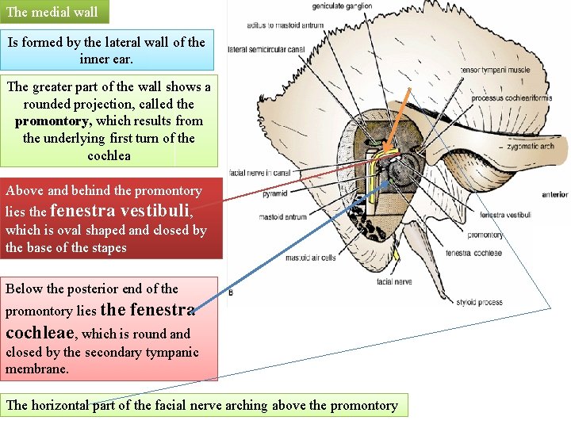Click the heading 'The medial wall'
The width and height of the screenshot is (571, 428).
(52, 12)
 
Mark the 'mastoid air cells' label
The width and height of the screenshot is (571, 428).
(310, 257)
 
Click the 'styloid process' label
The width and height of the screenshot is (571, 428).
(480, 302)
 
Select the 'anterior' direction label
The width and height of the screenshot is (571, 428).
(554, 194)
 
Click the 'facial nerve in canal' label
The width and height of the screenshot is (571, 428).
(259, 172)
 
